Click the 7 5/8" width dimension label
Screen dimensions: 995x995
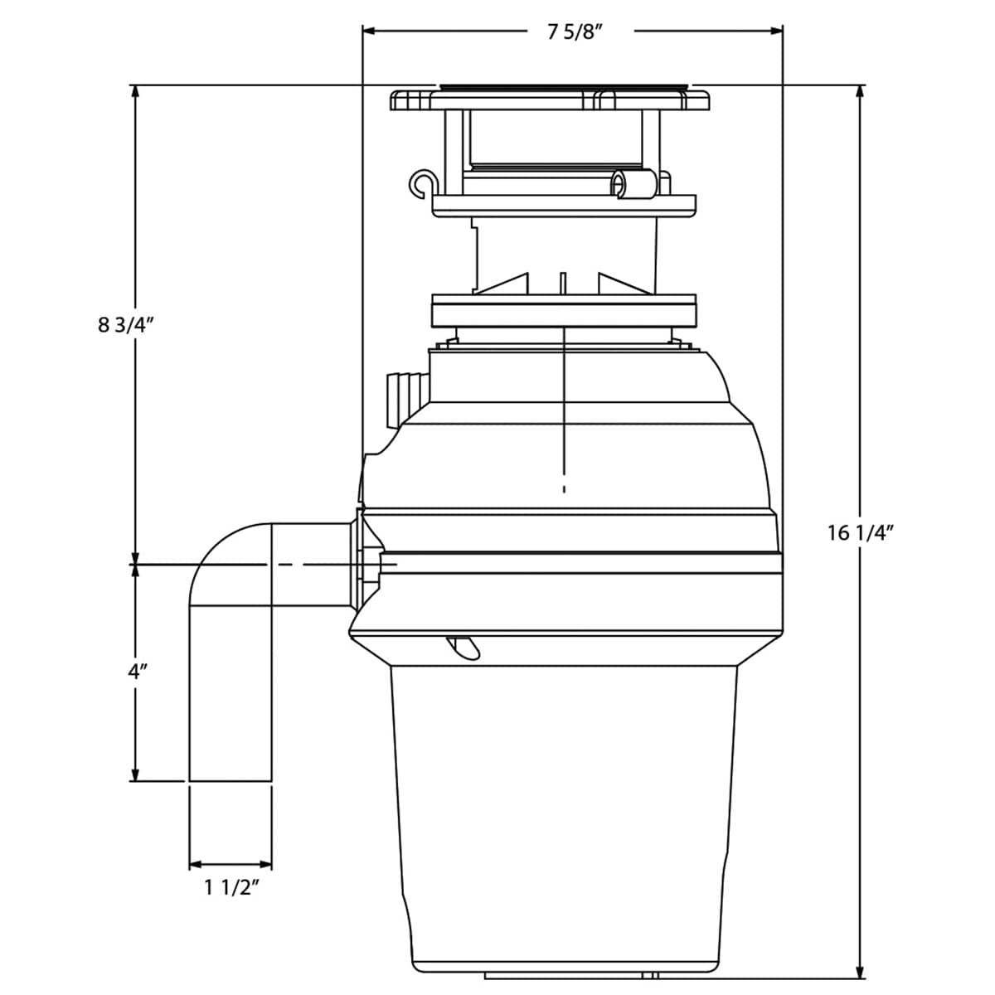coord(574,33)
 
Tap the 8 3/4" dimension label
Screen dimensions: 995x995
coord(127,325)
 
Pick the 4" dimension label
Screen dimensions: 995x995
coord(137,672)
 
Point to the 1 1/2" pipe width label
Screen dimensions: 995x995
coord(232,888)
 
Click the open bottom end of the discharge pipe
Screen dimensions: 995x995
coord(231,779)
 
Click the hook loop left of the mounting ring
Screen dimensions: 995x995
coord(422,183)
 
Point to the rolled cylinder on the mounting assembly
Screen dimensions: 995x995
coord(633,183)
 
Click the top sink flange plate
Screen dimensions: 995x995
coord(551,99)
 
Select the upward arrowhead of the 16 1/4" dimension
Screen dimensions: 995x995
coord(861,92)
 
